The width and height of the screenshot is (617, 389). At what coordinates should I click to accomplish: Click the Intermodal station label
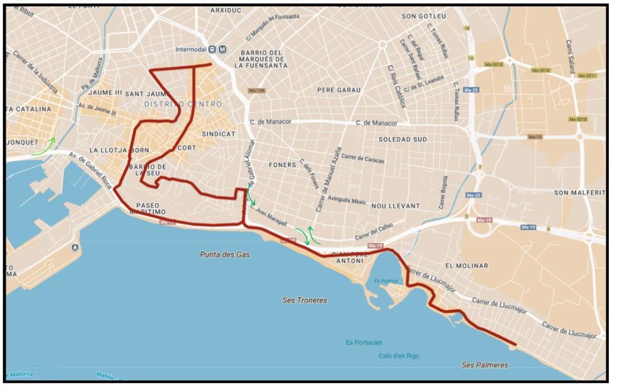coord(191,50)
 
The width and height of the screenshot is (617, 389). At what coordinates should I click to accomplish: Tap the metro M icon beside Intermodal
coord(222,49)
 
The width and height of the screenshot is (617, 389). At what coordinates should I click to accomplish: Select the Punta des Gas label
coord(224,254)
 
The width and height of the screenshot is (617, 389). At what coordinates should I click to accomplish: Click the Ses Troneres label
coord(305,300)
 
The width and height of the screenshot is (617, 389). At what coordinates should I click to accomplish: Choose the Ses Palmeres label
coord(485,365)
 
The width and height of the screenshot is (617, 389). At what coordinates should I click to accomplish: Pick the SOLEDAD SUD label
coord(403,139)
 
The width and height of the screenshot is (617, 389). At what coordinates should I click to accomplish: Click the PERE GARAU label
coord(339,90)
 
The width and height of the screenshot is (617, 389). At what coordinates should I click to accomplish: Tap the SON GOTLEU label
coord(424,16)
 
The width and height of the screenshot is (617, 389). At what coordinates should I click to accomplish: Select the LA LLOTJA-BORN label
coord(119,150)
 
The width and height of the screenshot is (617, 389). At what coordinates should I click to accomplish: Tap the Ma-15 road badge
coord(535,137)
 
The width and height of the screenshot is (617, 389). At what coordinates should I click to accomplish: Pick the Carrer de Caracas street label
coord(362,159)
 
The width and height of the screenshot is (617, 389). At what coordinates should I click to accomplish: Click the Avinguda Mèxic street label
coord(347,201)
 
